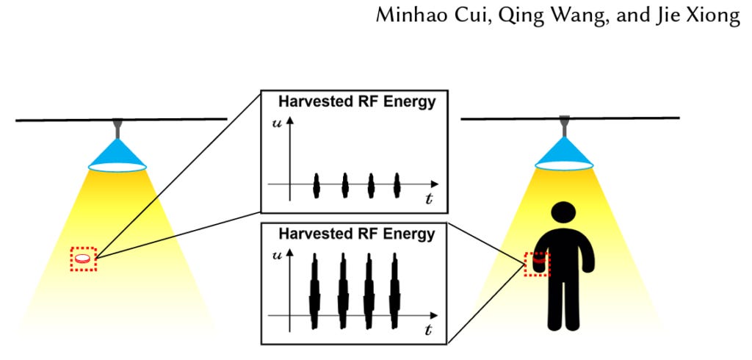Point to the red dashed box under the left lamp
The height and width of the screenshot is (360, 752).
pos(84,259)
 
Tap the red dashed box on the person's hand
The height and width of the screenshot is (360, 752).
pos(538,264)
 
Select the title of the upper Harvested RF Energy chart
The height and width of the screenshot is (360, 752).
pos(357,102)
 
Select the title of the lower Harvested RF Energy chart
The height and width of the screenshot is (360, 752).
pos(357,235)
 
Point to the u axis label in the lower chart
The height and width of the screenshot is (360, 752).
pos(278,256)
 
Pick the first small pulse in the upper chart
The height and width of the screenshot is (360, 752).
pos(317,185)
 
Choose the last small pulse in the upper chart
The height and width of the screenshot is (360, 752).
pos(397,185)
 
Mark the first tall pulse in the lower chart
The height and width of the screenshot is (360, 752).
pos(316,291)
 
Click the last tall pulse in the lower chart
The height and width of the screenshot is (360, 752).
pos(396,291)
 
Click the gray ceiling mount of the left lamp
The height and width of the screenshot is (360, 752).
pos(117,129)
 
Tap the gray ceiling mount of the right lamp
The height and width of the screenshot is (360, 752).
pos(563,126)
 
